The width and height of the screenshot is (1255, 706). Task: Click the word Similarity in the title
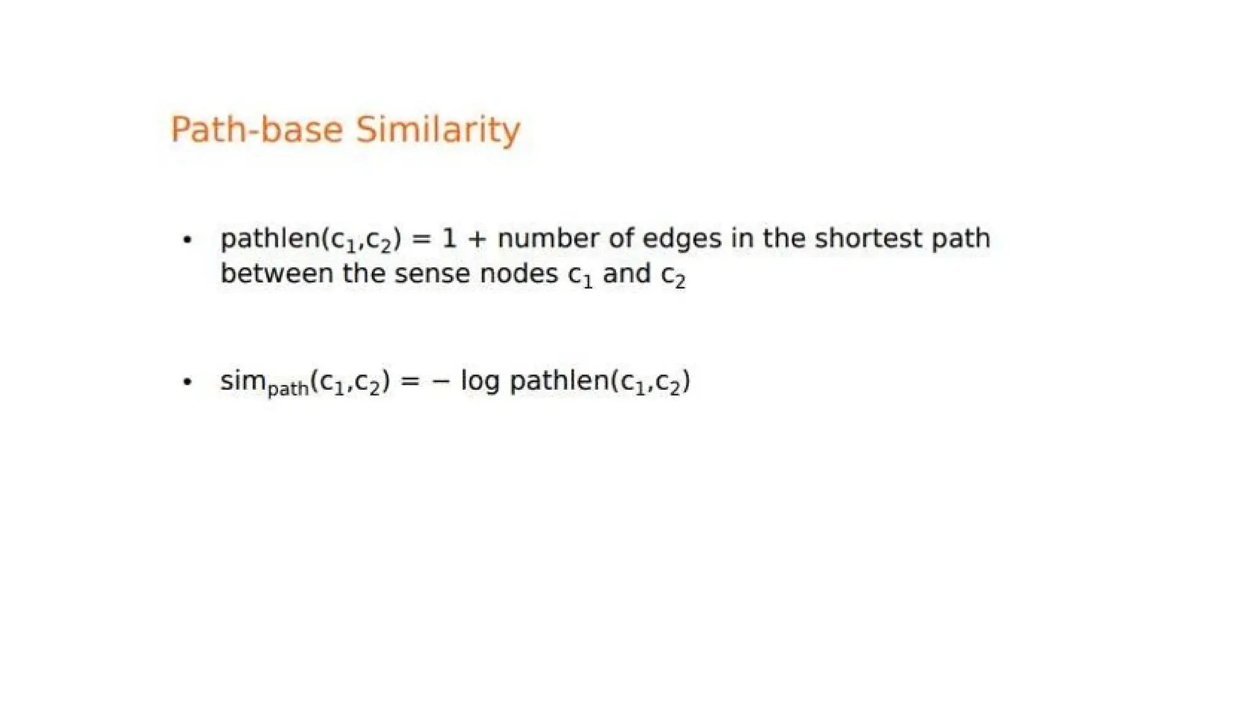coord(438,130)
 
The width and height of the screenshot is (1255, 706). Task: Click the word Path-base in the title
coord(256,130)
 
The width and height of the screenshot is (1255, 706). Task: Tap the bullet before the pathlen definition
coord(188,240)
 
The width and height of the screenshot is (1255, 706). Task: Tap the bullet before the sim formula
coord(188,382)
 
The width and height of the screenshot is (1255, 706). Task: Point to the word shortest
coord(868,238)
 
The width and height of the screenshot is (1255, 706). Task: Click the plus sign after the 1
coord(477,239)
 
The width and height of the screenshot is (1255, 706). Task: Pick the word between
coord(276,274)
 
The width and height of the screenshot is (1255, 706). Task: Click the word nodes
coord(518,274)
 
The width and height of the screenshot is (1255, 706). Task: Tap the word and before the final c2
coord(626,274)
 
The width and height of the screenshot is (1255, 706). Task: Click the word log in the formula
coord(480,382)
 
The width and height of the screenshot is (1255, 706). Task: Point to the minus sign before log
coord(441,381)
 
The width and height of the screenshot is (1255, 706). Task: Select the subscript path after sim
coord(288,389)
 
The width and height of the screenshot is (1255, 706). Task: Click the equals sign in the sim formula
coord(410,381)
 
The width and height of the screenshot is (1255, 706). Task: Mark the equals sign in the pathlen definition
coord(421,239)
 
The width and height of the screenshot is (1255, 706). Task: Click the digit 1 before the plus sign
coord(449,238)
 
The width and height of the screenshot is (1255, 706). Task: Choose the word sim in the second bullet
coord(243,381)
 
